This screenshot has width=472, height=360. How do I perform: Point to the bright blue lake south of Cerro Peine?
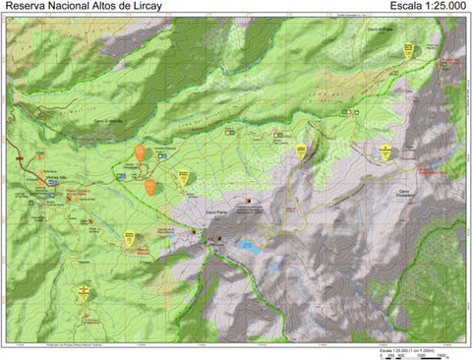[x=253, y=247]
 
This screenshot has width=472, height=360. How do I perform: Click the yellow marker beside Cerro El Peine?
[x=407, y=50]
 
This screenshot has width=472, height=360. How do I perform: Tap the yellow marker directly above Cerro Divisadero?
[x=385, y=151]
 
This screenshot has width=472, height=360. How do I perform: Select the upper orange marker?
[x=141, y=152]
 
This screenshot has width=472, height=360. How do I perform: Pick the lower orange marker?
[x=150, y=186]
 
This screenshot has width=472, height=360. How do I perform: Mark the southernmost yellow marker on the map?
[x=84, y=292]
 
